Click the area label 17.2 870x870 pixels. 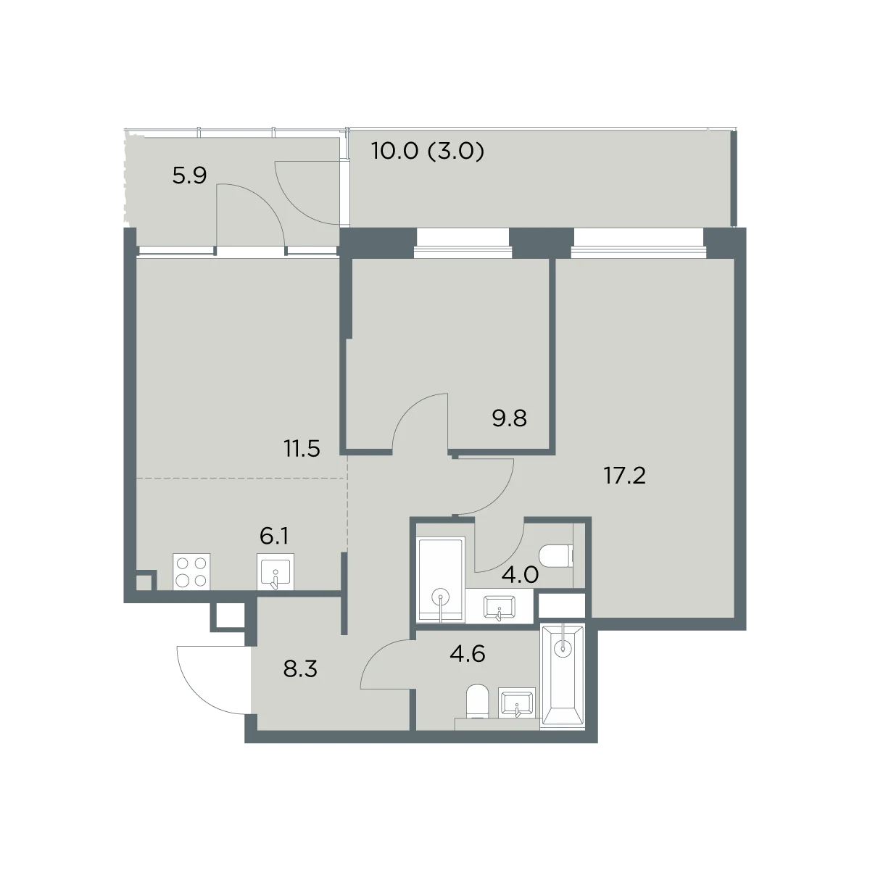(625, 476)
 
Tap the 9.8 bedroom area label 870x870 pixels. (509, 418)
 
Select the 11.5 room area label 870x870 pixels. (302, 449)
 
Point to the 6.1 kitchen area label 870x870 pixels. (274, 536)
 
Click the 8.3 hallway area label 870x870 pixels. (300, 669)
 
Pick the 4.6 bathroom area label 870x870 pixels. (468, 654)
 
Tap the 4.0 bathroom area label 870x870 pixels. (520, 575)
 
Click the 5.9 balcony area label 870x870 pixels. (189, 175)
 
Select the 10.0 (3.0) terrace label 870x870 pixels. (428, 151)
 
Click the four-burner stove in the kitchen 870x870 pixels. (191, 571)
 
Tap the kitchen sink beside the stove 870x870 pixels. (275, 571)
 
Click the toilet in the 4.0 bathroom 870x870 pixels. (556, 556)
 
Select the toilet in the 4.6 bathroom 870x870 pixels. (477, 702)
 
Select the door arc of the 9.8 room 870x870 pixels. (420, 420)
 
